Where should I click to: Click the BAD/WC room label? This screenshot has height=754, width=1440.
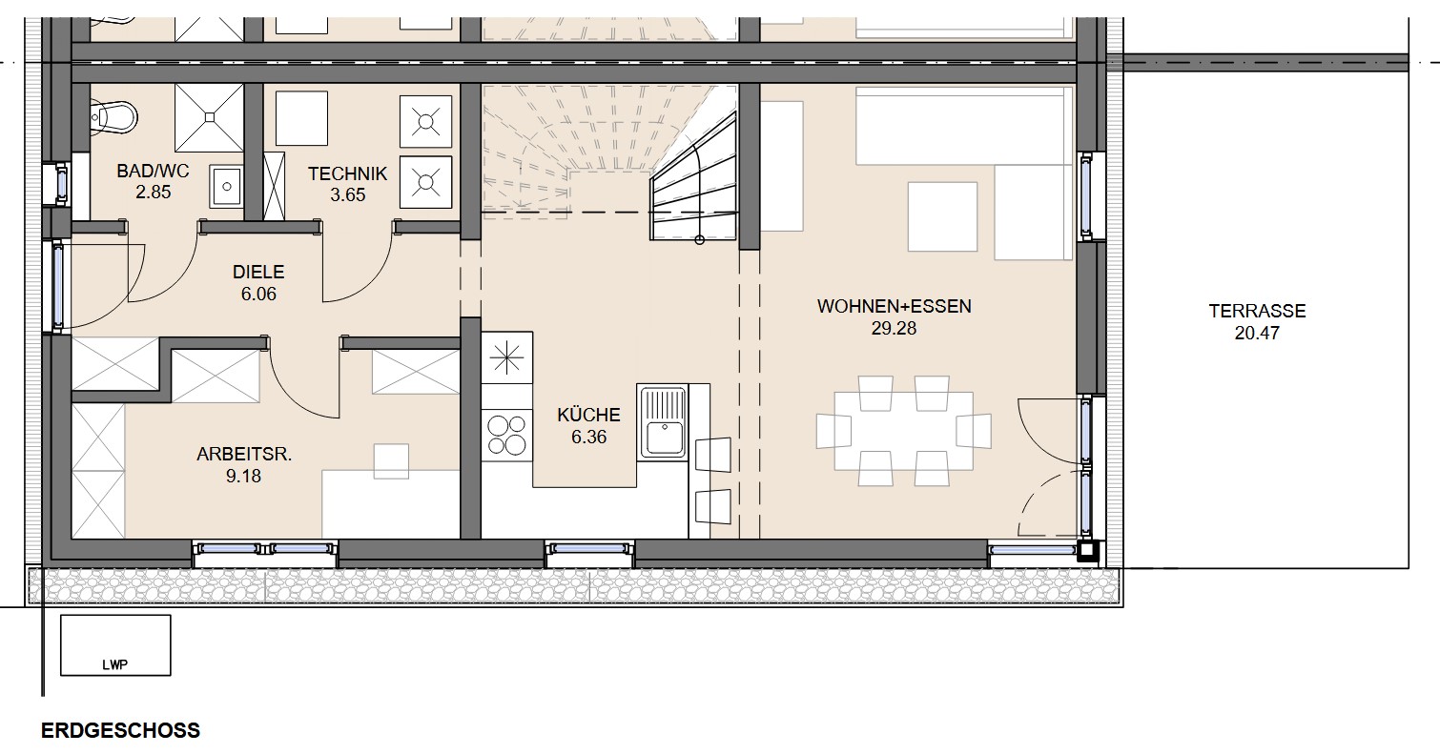coord(153,171)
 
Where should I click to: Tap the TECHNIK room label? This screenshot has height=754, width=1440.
coord(348,173)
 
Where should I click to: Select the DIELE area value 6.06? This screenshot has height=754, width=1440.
coord(258,294)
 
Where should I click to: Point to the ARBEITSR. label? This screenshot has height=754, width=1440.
coord(244,455)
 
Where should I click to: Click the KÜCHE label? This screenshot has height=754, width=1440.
coord(588,415)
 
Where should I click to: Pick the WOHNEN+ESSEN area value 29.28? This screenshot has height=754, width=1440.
coord(895,329)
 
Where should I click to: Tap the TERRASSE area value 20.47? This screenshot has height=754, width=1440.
coord(1258,333)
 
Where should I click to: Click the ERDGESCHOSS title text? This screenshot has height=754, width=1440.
coord(121,731)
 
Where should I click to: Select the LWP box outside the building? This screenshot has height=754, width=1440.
coord(115,645)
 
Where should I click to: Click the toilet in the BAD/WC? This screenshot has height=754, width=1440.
coord(113,116)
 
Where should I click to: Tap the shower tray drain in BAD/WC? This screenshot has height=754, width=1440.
coord(210,117)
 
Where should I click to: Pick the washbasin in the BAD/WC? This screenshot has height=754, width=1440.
coord(226,187)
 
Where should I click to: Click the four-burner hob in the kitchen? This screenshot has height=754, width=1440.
coord(507,436)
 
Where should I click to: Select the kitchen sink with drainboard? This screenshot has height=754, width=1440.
coord(663,421)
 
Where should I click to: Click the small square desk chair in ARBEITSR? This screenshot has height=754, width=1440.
coord(392,461)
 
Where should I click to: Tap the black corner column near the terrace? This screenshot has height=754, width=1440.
coord(1088,550)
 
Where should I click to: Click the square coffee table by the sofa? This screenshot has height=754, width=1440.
coord(942,216)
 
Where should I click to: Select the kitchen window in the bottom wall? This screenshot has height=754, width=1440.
coord(589,549)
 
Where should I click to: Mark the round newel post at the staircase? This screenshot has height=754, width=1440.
coord(699,240)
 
